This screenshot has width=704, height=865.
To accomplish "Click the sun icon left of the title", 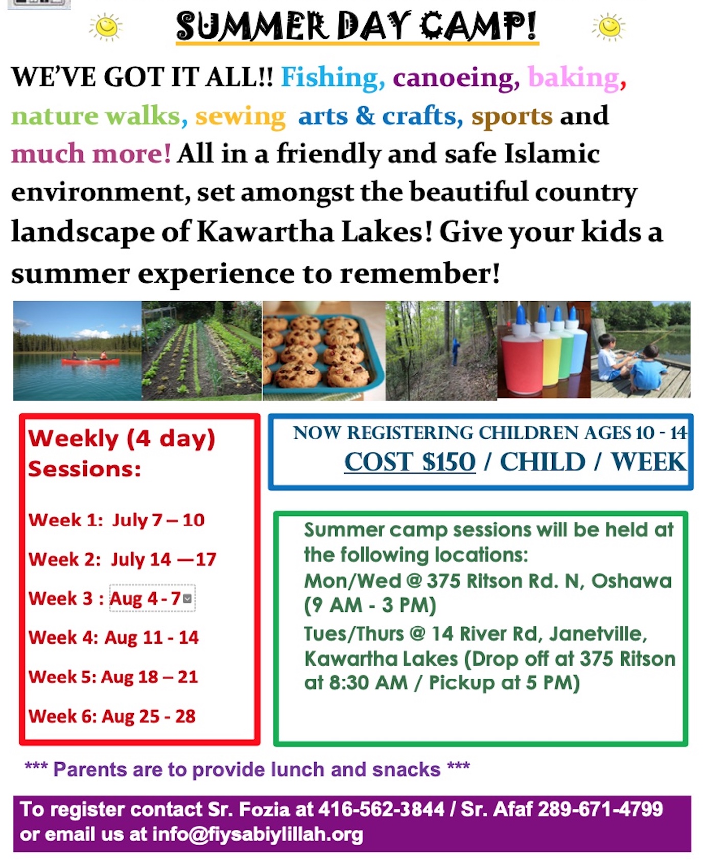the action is [106, 27].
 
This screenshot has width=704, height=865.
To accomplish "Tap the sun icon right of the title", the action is [609, 27].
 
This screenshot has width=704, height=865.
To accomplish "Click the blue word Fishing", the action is [333, 78].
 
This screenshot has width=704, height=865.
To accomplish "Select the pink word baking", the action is [574, 78].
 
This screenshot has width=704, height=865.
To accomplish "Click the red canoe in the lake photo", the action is [90, 361].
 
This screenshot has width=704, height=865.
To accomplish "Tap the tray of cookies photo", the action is [324, 350].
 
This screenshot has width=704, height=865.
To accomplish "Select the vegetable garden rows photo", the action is [202, 350].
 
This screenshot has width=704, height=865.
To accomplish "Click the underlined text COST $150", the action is [410, 462].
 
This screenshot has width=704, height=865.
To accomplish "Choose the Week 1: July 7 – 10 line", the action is [116, 520].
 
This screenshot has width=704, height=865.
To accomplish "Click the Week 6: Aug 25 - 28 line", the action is [112, 716].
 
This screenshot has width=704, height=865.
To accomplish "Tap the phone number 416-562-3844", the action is [381, 809].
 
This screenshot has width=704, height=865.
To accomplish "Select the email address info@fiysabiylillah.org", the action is [257, 834].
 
